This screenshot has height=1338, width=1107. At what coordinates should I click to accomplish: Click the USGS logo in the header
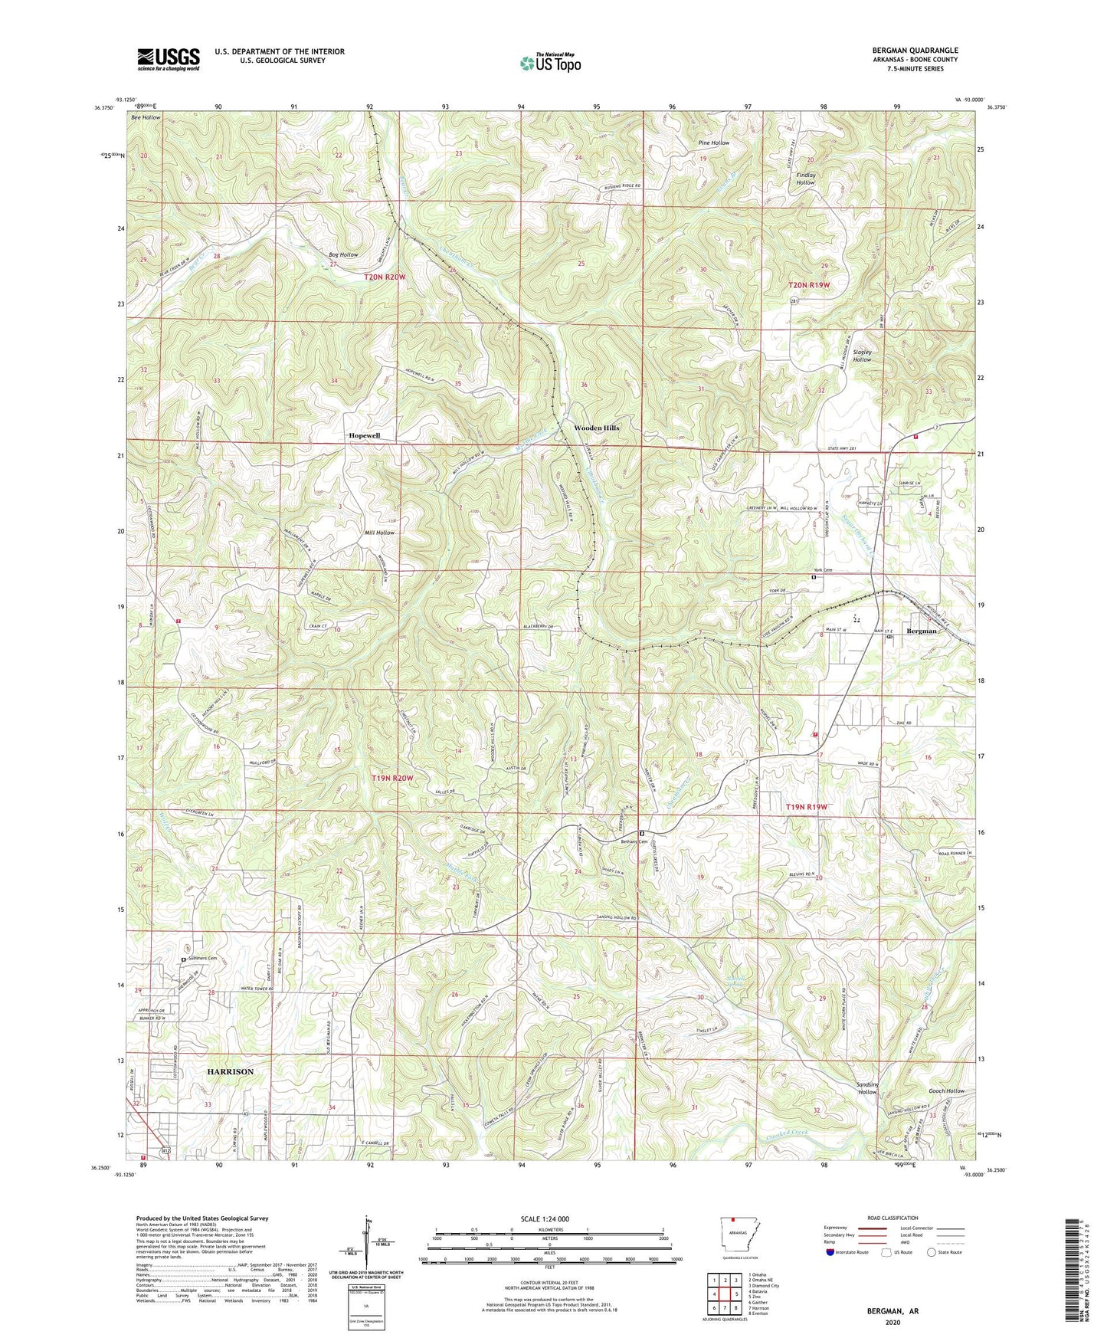[169, 58]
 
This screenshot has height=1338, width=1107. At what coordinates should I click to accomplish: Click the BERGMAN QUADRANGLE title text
[915, 51]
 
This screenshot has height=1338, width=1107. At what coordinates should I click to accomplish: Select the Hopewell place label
[365, 435]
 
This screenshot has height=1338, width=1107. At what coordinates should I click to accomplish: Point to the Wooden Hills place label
[597, 428]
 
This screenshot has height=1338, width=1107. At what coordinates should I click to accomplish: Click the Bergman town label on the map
[922, 631]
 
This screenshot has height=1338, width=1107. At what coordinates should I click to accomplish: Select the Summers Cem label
[202, 959]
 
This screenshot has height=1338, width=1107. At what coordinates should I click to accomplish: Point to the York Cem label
[822, 571]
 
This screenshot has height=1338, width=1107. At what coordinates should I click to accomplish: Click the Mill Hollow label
[379, 533]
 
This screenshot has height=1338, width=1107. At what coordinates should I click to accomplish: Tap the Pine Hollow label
[713, 143]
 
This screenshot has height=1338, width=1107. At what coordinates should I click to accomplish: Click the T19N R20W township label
[392, 779]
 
